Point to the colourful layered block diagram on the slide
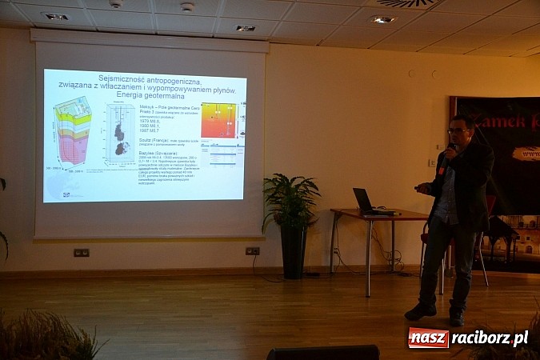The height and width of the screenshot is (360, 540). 73,132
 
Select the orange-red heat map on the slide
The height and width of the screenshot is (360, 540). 218,120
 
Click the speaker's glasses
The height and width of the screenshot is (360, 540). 457,130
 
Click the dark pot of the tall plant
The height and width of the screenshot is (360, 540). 293,253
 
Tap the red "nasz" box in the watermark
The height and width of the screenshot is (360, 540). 428,338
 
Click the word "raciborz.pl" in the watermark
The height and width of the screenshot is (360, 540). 490,338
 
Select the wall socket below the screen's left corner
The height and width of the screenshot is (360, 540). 81,253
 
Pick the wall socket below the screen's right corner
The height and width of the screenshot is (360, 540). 252,251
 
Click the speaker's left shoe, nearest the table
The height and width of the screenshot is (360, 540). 420,311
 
